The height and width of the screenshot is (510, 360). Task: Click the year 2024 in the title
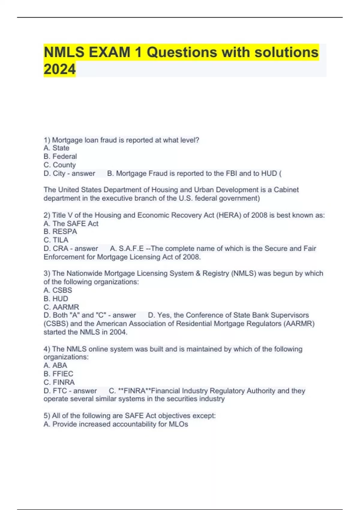(60, 69)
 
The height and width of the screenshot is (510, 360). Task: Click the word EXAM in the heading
(109, 52)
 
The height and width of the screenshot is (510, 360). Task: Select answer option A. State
(56, 148)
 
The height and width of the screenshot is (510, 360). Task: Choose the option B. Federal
(60, 156)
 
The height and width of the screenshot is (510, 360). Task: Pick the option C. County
(60, 165)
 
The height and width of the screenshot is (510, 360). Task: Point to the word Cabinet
(286, 190)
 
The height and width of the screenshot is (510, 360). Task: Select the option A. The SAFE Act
(71, 223)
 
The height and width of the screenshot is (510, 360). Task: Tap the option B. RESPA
(60, 232)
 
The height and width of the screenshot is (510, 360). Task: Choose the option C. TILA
(56, 240)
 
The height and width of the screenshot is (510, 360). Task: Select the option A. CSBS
(58, 290)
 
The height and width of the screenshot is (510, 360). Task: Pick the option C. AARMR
(61, 307)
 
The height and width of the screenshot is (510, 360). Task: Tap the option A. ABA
(55, 365)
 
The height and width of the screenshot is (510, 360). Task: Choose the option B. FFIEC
(58, 373)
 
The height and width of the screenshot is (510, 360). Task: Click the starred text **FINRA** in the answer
(135, 391)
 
